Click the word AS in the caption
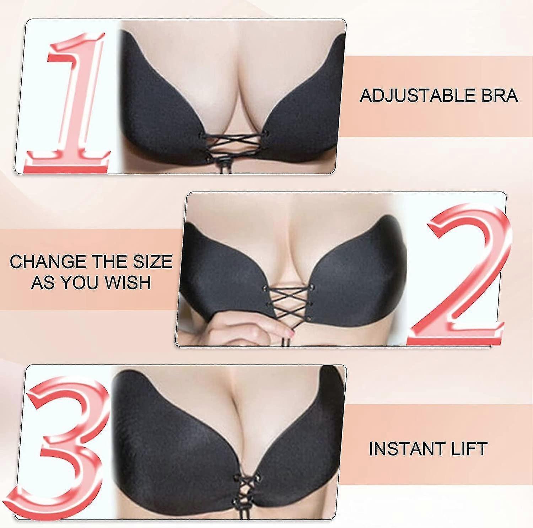(43, 282)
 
